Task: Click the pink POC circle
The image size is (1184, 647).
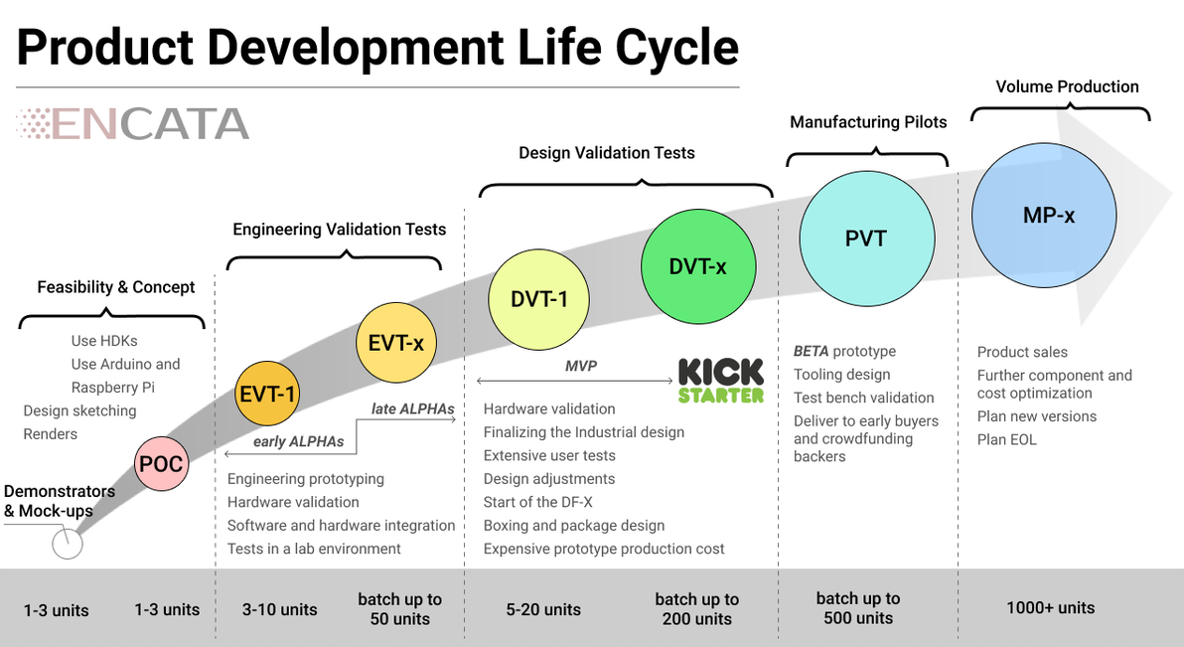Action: pos(162,463)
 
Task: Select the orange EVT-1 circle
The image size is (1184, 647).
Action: pos(267,394)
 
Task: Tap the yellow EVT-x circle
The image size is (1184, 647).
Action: pos(396,343)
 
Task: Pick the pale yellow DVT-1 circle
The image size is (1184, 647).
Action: pos(539,298)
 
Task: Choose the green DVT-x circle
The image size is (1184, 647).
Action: pos(698,266)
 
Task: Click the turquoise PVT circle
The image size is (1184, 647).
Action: pos(866,239)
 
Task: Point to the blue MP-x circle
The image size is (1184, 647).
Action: pos(1049,215)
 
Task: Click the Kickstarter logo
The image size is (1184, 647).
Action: pos(721,381)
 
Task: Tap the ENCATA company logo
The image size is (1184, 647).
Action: pos(132,124)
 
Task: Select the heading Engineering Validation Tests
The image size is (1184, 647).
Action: pos(340,230)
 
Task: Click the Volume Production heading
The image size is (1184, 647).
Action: pos(1067,87)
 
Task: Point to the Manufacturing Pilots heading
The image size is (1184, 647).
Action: pos(868,122)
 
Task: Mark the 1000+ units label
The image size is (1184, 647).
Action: pos(1050,607)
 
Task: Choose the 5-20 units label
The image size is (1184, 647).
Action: pos(542,609)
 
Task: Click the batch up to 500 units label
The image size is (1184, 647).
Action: pos(858,608)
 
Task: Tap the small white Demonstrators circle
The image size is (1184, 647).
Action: pos(68,544)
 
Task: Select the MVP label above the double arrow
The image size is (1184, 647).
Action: pos(581,367)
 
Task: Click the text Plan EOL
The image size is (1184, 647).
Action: pos(1007,439)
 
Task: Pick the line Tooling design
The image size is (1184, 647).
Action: pos(841,375)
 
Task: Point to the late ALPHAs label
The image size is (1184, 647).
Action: pos(412,408)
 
